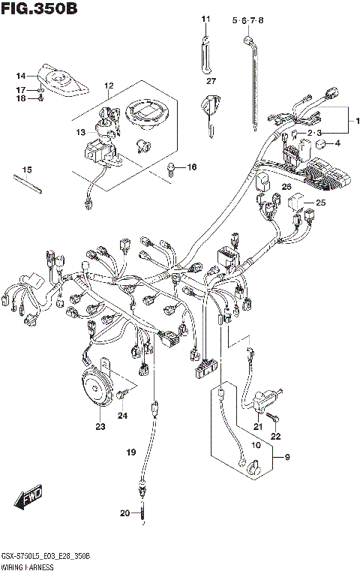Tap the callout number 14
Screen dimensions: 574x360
point(22,76)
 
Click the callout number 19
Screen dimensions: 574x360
point(131,452)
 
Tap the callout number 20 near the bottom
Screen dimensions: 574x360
point(124,513)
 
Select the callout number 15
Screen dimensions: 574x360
point(27,169)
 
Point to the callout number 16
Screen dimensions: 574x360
point(192,167)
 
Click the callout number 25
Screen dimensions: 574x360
point(320,203)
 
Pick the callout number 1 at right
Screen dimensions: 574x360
point(357,120)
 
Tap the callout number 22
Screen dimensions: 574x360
point(275,436)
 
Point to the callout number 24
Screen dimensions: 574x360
point(122,415)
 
